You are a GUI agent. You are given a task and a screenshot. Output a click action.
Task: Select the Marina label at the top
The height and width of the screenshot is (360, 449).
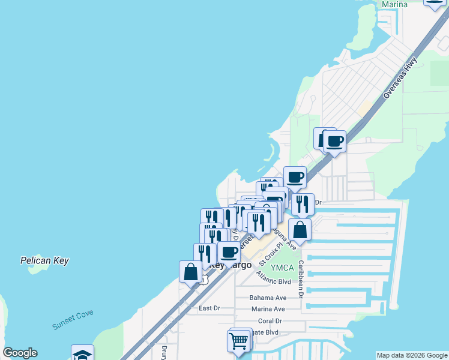(394, 4)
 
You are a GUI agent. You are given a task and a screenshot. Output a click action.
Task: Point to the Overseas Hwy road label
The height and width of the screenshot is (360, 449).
(400, 82)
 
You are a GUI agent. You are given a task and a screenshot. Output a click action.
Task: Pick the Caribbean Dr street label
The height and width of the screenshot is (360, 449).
(301, 280)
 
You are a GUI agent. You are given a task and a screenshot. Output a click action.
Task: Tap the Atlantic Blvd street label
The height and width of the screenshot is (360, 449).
(273, 278)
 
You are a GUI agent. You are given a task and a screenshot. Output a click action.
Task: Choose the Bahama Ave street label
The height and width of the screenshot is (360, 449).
(268, 298)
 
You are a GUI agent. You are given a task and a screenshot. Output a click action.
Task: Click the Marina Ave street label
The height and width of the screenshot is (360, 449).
(268, 309)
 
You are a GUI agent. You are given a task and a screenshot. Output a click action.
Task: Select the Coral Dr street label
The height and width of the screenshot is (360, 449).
(270, 321)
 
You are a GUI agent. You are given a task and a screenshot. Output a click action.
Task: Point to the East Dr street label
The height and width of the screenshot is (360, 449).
(209, 308)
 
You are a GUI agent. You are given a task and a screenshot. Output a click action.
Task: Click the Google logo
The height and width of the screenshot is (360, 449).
(20, 353)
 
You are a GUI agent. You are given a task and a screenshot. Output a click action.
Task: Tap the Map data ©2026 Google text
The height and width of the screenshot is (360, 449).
(411, 355)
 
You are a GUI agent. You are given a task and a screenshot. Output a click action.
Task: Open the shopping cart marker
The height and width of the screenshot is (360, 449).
(239, 341)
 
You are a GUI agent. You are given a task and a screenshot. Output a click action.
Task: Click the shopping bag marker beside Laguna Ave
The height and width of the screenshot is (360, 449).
(300, 230)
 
